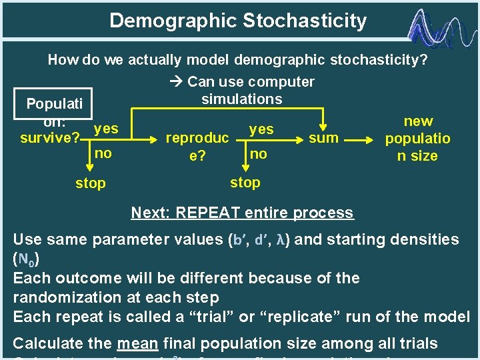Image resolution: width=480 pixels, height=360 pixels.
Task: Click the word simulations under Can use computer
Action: tap(241, 99)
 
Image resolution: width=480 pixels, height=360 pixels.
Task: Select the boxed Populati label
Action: tap(55, 104)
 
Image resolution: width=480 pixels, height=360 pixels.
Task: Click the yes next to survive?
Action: tap(106, 128)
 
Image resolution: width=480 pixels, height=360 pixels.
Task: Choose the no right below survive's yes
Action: tap(103, 153)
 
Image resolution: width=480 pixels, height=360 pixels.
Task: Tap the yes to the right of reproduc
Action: tap(261, 129)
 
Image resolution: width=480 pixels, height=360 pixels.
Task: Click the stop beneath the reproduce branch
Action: tap(245, 182)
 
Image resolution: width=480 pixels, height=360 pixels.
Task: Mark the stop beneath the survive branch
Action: tap(90, 183)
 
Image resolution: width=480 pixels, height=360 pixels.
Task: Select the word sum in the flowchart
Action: tap(323, 139)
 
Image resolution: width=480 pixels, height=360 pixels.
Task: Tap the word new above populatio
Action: tap(418, 121)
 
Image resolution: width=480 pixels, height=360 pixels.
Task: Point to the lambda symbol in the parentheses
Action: tap(281, 239)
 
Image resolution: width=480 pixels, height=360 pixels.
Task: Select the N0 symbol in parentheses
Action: tap(23, 259)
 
